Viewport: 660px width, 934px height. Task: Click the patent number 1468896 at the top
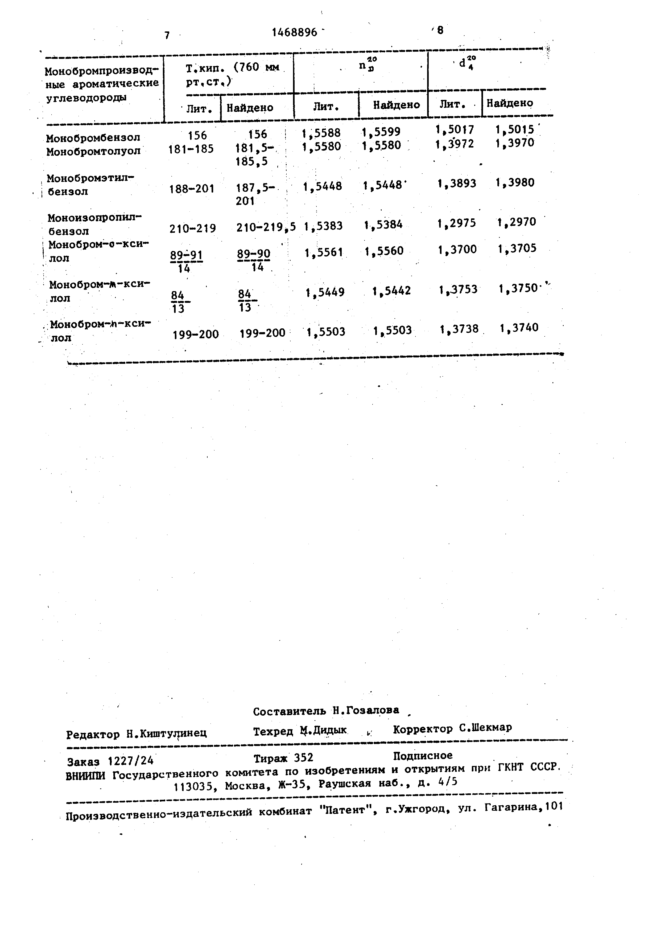(294, 32)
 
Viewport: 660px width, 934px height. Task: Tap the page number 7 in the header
(167, 35)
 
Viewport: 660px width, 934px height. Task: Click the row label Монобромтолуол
(93, 151)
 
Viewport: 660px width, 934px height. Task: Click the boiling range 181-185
(191, 149)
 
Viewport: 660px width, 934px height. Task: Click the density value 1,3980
(515, 182)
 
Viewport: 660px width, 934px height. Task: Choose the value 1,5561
(324, 253)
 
